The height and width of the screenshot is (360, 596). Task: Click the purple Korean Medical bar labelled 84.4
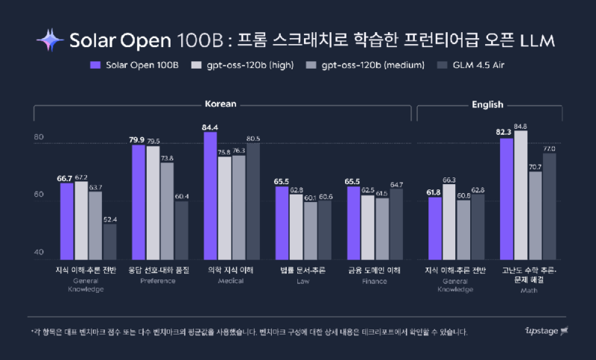(x=210, y=194)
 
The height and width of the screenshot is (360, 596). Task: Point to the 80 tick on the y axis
(x=39, y=138)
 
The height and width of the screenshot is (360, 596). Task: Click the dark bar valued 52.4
(x=110, y=239)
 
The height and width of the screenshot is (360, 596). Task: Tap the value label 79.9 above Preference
(x=138, y=139)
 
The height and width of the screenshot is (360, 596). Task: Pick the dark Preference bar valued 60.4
(x=181, y=227)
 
